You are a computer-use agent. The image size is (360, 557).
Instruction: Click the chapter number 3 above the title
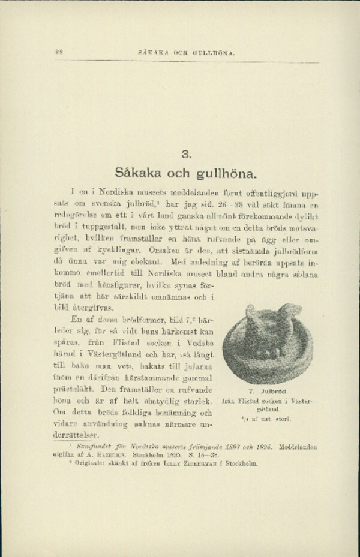[x=185, y=155]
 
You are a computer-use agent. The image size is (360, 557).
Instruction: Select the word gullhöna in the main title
[x=226, y=176]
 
